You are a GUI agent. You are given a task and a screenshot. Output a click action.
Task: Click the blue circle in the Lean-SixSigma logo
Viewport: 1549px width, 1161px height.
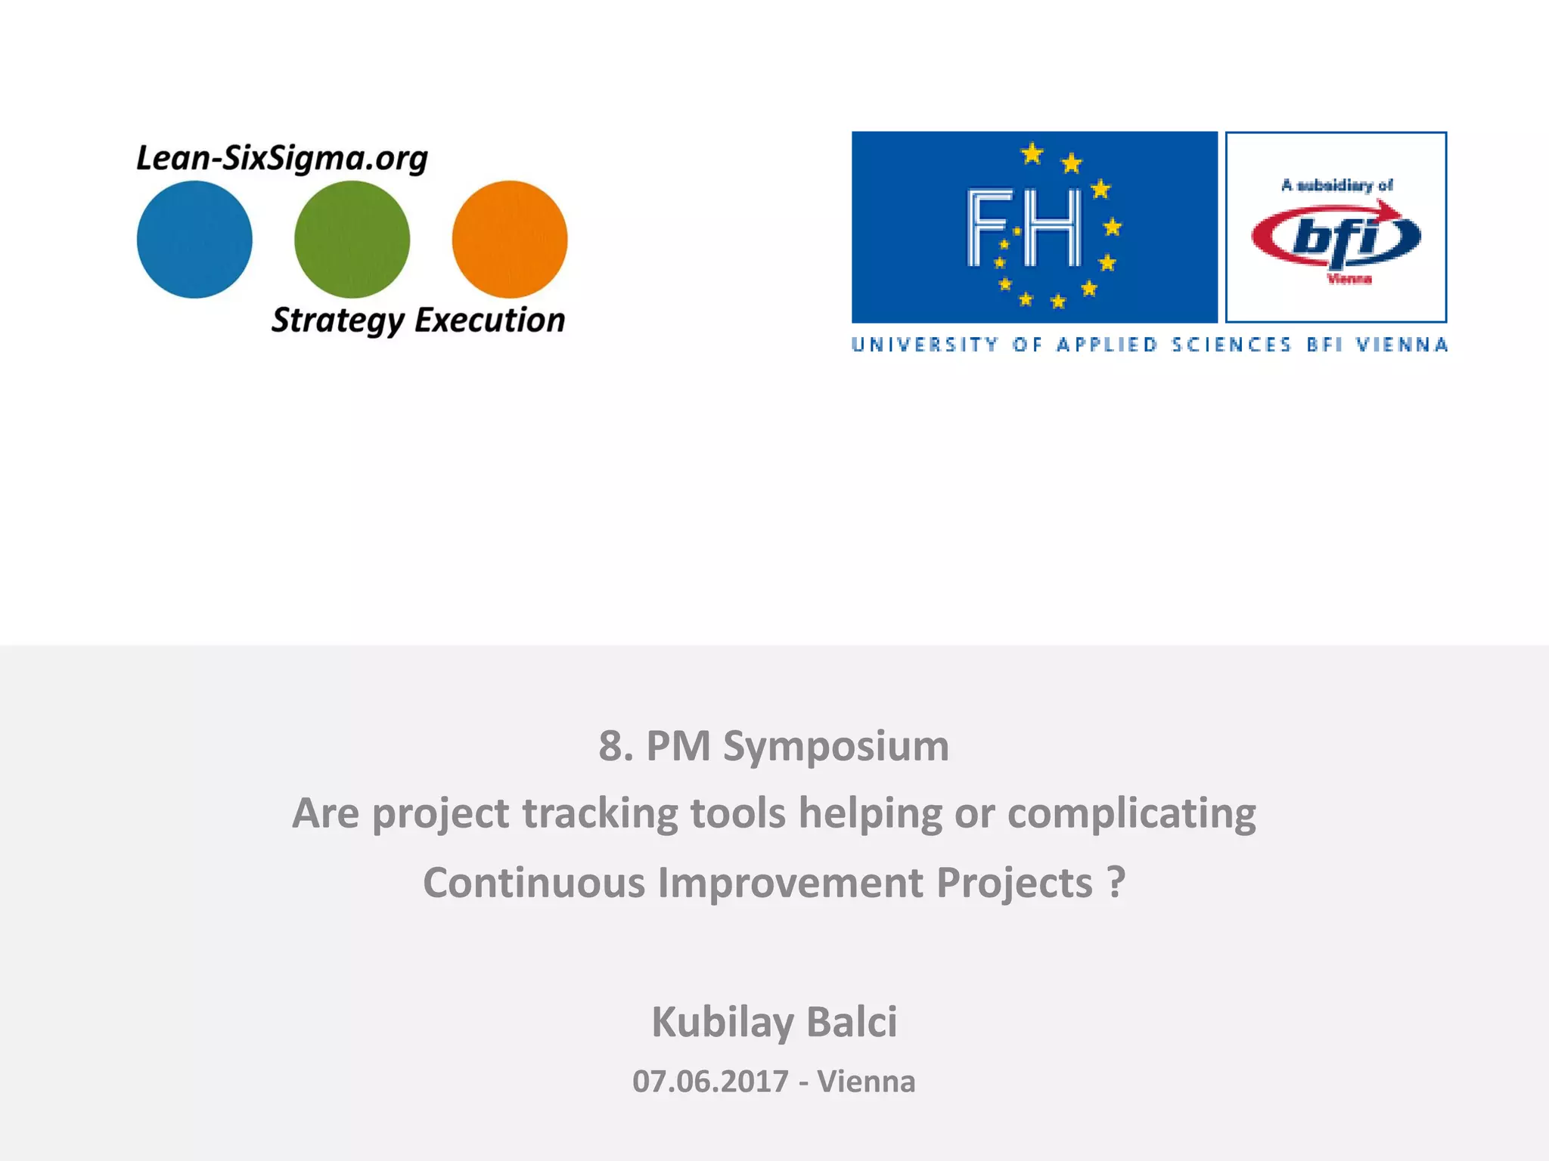click(194, 239)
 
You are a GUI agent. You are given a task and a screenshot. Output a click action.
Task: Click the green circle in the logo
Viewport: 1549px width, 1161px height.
click(352, 239)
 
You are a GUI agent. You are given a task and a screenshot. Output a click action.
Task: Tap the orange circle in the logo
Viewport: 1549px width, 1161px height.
click(509, 239)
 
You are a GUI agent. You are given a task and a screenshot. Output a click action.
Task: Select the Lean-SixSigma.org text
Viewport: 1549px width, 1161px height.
click(282, 159)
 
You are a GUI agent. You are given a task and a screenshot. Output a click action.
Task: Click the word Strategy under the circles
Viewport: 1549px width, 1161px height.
click(337, 320)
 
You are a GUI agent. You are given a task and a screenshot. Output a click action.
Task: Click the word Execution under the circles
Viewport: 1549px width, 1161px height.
click(489, 320)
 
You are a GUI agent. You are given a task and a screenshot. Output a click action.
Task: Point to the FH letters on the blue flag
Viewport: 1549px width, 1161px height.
click(1025, 228)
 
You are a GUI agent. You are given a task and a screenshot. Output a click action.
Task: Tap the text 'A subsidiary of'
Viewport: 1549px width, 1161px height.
click(1336, 185)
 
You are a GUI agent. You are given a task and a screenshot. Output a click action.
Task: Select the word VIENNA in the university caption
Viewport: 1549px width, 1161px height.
click(1402, 345)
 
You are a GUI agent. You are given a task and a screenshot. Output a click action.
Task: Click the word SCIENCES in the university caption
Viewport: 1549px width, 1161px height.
click(1231, 345)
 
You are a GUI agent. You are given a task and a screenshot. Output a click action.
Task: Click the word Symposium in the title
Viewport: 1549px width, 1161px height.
click(836, 747)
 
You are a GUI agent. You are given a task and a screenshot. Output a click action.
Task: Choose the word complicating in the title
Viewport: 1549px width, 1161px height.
click(1131, 814)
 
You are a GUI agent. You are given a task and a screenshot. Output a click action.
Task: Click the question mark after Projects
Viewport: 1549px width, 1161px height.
click(1116, 882)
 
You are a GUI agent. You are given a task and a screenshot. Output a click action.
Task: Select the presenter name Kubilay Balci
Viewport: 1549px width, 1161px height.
click(774, 1022)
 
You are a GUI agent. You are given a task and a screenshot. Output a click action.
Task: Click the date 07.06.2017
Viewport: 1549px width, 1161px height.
click(710, 1082)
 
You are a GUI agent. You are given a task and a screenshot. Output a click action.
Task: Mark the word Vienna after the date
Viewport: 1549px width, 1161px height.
click(866, 1082)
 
